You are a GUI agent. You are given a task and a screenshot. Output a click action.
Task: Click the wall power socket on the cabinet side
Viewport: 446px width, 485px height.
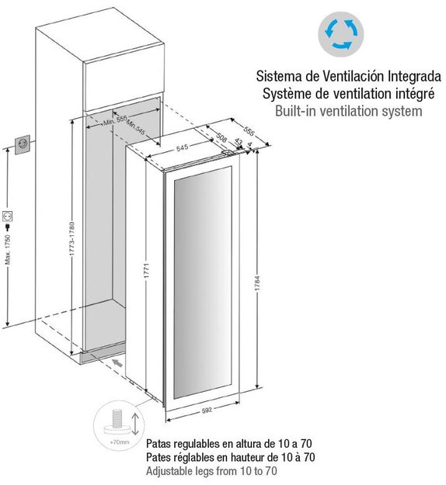click(23, 144)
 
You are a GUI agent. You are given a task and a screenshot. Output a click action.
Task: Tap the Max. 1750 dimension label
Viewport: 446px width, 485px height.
click(8, 249)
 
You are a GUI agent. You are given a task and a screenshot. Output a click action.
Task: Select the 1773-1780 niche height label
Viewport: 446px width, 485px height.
click(71, 239)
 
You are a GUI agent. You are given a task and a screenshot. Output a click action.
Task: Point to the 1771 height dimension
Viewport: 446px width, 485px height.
click(147, 271)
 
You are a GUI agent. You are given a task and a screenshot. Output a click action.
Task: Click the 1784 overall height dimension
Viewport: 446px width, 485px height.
click(257, 283)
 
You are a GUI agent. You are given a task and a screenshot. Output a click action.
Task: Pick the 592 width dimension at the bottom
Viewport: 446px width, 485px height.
click(207, 411)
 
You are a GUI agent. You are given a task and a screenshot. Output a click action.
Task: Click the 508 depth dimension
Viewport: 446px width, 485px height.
click(221, 137)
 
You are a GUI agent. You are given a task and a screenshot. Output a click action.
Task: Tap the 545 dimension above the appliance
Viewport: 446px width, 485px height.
click(183, 148)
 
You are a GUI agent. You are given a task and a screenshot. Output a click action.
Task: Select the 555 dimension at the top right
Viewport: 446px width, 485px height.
click(249, 131)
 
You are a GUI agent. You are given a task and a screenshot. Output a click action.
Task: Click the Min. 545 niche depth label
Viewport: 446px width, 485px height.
click(136, 127)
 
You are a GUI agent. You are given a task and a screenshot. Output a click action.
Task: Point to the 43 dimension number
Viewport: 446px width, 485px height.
click(239, 141)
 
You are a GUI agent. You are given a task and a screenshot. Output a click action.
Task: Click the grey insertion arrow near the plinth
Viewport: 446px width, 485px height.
click(117, 362)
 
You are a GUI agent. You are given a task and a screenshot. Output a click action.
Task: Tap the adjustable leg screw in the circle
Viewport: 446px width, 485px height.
click(117, 418)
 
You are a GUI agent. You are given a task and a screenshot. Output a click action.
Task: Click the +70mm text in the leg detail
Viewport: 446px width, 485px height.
click(119, 442)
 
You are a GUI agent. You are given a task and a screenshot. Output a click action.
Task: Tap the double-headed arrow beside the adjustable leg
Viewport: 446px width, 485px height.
click(135, 424)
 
